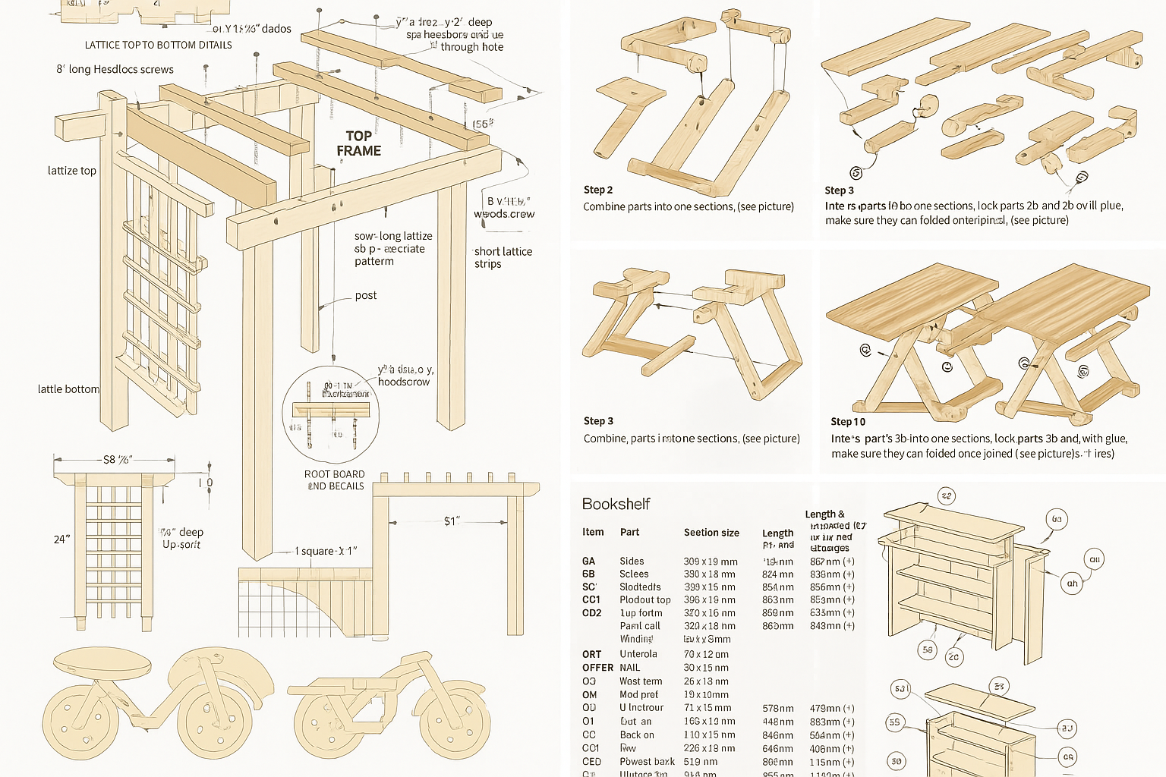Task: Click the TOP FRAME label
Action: point(358,143)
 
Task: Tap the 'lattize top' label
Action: point(72,171)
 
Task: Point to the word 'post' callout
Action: point(365,295)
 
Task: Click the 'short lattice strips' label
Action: point(503,257)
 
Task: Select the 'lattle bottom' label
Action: point(68,389)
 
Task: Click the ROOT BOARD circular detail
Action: point(331,414)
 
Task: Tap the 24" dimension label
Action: point(61,539)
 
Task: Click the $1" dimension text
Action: point(452,521)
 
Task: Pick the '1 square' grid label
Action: point(325,551)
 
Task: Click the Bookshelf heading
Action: point(616,504)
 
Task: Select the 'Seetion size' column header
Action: point(711,533)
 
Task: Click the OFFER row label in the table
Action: point(597,668)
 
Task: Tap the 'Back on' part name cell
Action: point(636,735)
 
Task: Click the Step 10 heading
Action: point(847,422)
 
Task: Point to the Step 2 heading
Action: point(597,190)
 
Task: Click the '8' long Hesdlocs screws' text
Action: point(115,69)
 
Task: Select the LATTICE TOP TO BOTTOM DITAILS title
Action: point(158,45)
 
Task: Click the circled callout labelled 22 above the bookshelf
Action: point(946,496)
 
